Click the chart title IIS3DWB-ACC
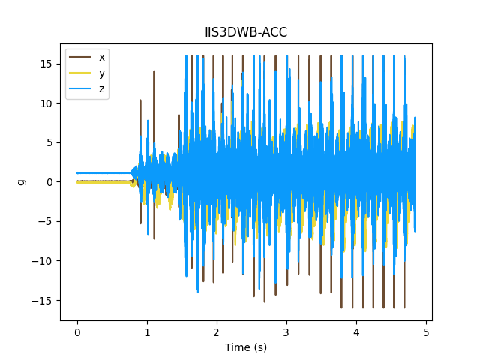tap(246, 32)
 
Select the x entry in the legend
tap(102, 57)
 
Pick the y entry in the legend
tap(102, 73)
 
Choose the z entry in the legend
tap(102, 88)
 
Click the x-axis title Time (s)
tap(246, 347)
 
